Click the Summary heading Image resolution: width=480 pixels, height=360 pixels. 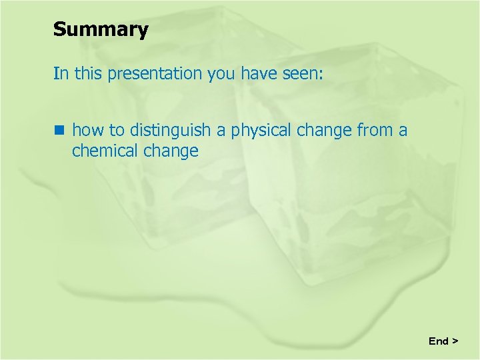101,30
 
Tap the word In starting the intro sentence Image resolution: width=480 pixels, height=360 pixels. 61,73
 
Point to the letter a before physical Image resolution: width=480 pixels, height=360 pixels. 221,131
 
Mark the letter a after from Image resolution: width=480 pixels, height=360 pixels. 403,131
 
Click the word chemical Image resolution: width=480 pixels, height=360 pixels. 105,151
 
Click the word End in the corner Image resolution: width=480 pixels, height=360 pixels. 438,341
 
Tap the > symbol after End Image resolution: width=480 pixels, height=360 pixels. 455,341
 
